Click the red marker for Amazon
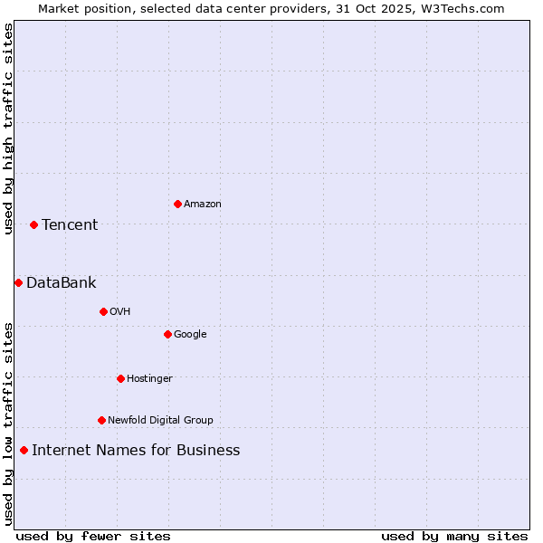coord(177,204)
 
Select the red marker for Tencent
coord(33,224)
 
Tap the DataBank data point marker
coord(18,282)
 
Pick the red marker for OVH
coord(103,311)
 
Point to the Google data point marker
coord(167,334)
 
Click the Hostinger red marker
coord(120,378)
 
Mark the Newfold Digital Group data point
coord(101,420)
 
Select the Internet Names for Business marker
coord(24,450)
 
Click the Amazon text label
coord(203,204)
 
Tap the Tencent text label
coord(70,224)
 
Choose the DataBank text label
coord(61,282)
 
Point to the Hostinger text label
coord(149,378)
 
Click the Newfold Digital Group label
coord(160,420)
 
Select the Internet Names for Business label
coord(136,450)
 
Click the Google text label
coord(190,334)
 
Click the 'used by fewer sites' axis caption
coord(93,536)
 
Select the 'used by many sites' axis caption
coord(454,536)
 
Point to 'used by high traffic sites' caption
coord(8,129)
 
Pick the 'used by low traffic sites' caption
coord(8,424)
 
